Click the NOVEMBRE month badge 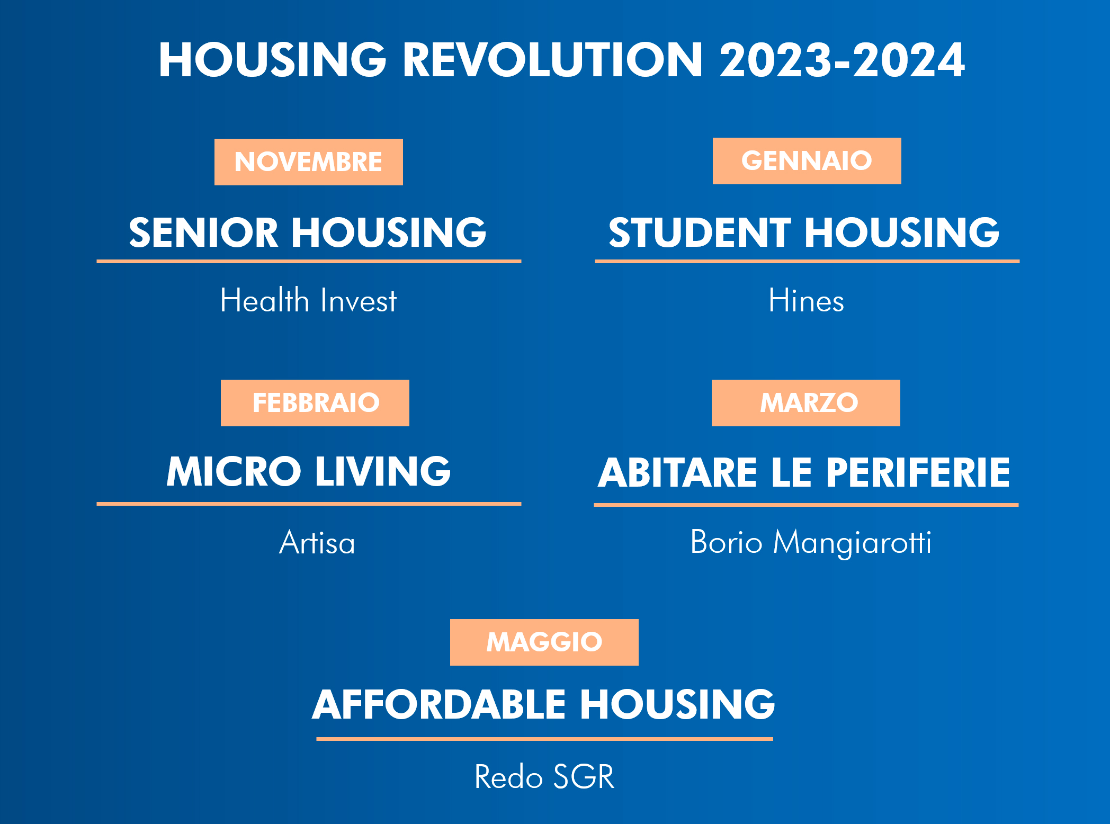(x=308, y=162)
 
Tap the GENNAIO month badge (x=807, y=161)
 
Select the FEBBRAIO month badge (x=315, y=403)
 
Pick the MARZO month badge (x=806, y=403)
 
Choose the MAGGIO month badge (x=544, y=642)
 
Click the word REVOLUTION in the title (x=553, y=60)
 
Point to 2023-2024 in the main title (x=842, y=60)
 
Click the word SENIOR (x=203, y=232)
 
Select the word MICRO (x=234, y=471)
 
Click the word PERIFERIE (x=918, y=472)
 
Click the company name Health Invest (x=308, y=300)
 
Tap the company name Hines (x=806, y=300)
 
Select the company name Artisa (x=317, y=542)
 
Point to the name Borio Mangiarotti (x=811, y=543)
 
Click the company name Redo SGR (x=544, y=777)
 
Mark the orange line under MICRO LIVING (x=309, y=504)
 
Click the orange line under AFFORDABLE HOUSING (x=544, y=739)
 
